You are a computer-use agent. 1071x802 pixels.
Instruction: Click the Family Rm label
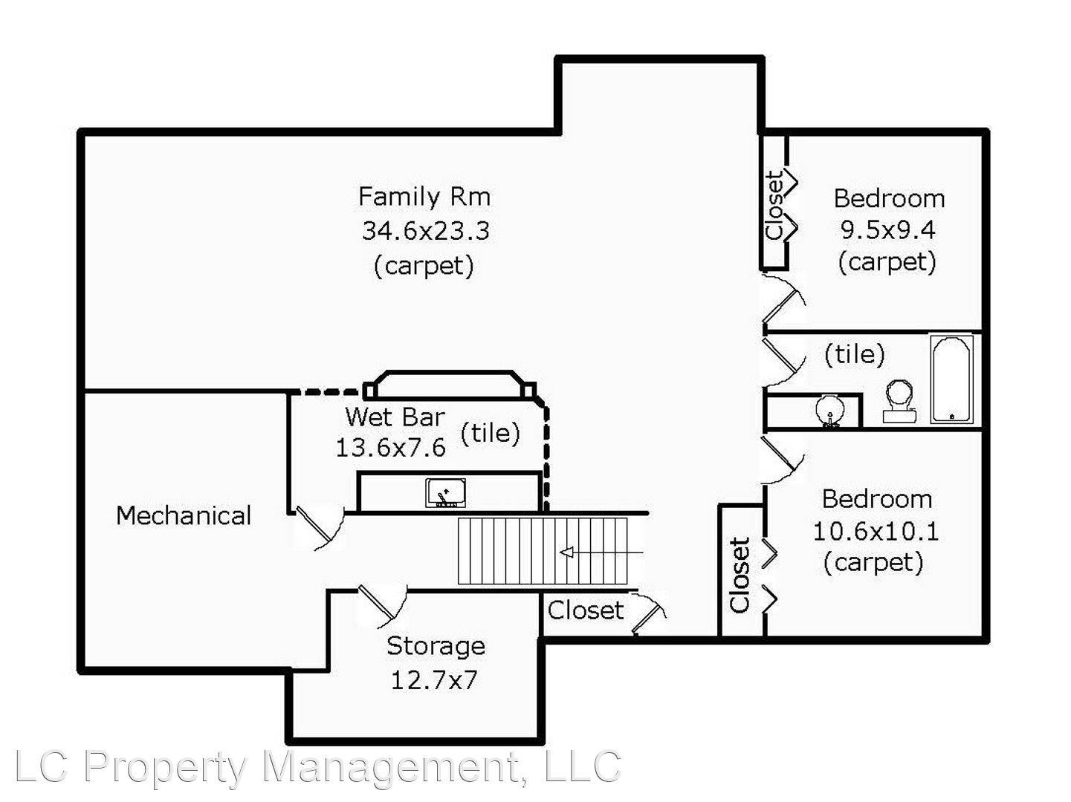pyautogui.click(x=424, y=197)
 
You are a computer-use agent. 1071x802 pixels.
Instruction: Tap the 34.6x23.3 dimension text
pyautogui.click(x=425, y=231)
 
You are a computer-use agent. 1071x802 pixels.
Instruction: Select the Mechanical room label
pyautogui.click(x=184, y=515)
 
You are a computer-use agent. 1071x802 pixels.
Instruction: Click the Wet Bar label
pyautogui.click(x=395, y=417)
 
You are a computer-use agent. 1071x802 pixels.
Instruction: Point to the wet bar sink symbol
pyautogui.click(x=446, y=493)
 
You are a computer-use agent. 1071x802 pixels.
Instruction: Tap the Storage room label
pyautogui.click(x=436, y=646)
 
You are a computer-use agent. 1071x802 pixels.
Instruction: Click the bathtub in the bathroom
pyautogui.click(x=951, y=379)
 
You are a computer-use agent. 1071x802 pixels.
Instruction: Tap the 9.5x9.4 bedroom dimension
pyautogui.click(x=887, y=230)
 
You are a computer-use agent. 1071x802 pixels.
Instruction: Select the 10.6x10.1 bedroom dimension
pyautogui.click(x=875, y=532)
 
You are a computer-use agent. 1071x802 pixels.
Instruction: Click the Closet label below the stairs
pyautogui.click(x=586, y=610)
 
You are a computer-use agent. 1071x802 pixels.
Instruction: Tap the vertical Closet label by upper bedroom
pyautogui.click(x=774, y=206)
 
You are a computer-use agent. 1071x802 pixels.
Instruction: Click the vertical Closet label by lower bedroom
pyautogui.click(x=740, y=576)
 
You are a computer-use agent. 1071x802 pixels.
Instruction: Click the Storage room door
pyautogui.click(x=381, y=600)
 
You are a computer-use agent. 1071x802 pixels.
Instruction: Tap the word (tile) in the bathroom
pyautogui.click(x=855, y=354)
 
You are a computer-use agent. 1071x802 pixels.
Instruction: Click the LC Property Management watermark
pyautogui.click(x=317, y=767)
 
